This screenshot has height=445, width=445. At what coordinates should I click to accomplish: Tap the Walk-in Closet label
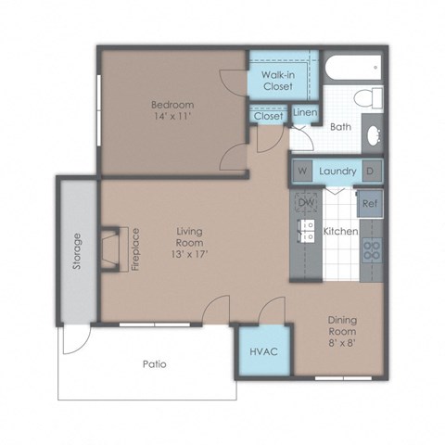click(x=277, y=80)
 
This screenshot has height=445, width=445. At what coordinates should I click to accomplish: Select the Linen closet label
click(x=305, y=113)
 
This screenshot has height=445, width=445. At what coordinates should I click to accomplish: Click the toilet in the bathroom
click(x=370, y=98)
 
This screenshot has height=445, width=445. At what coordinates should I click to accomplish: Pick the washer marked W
click(x=302, y=172)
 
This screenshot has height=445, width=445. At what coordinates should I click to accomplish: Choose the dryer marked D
click(x=369, y=172)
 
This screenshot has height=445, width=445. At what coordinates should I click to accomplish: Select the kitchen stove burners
click(x=370, y=248)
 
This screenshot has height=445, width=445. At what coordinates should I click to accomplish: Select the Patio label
click(x=154, y=364)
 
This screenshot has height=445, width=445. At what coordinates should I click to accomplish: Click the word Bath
click(x=340, y=127)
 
